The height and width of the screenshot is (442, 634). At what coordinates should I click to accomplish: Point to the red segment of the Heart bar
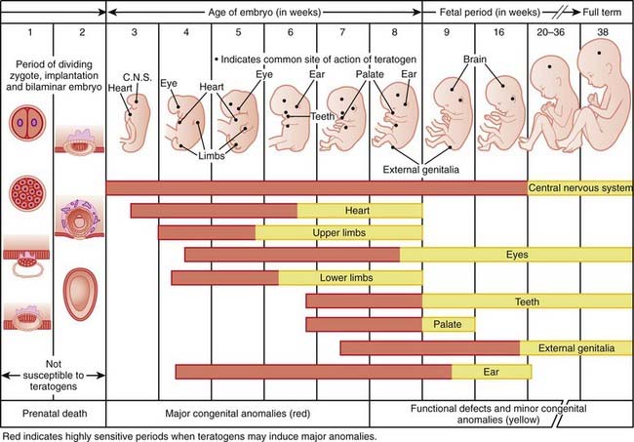[x=214, y=210]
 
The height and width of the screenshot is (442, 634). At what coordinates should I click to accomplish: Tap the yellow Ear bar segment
[x=492, y=371]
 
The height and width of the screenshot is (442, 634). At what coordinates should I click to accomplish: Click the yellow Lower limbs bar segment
[x=350, y=278]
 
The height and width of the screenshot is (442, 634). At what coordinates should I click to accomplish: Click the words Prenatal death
[x=53, y=413]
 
